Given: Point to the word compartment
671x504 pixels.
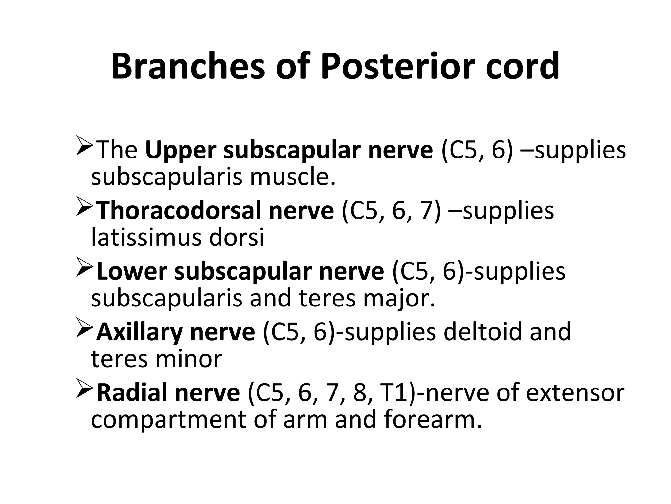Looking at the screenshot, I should point(168,421).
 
